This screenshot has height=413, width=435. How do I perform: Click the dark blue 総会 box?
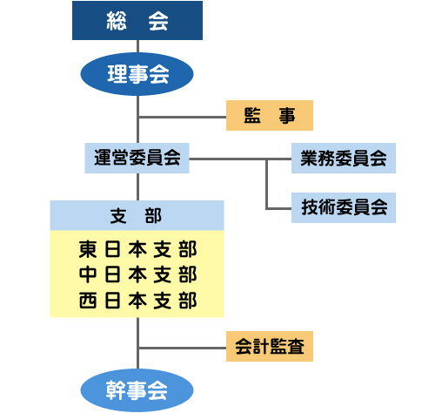(137, 20)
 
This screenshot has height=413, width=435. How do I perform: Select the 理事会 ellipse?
(137, 74)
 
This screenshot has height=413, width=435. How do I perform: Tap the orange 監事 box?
(270, 115)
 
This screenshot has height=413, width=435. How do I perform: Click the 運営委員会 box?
(137, 158)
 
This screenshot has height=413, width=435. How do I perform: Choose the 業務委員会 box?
(344, 158)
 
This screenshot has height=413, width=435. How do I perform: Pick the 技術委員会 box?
(344, 207)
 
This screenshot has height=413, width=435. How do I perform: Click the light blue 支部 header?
(137, 215)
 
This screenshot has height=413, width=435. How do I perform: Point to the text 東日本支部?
(137, 249)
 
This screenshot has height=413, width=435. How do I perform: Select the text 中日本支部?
(137, 274)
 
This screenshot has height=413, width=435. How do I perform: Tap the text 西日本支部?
(137, 301)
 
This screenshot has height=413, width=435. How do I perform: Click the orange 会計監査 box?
(270, 346)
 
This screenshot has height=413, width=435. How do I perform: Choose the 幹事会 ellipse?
(137, 390)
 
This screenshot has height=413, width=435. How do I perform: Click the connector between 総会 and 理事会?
(137, 46)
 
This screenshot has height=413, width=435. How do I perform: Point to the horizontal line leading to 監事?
(183, 118)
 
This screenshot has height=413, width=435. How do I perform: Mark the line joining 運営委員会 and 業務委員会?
(240, 159)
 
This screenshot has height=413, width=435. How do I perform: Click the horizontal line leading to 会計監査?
(183, 348)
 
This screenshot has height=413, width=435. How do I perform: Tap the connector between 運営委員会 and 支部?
(137, 186)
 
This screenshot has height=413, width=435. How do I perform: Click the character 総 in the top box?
(117, 21)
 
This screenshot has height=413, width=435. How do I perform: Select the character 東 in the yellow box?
(87, 249)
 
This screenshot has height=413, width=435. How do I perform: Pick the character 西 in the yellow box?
(87, 301)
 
